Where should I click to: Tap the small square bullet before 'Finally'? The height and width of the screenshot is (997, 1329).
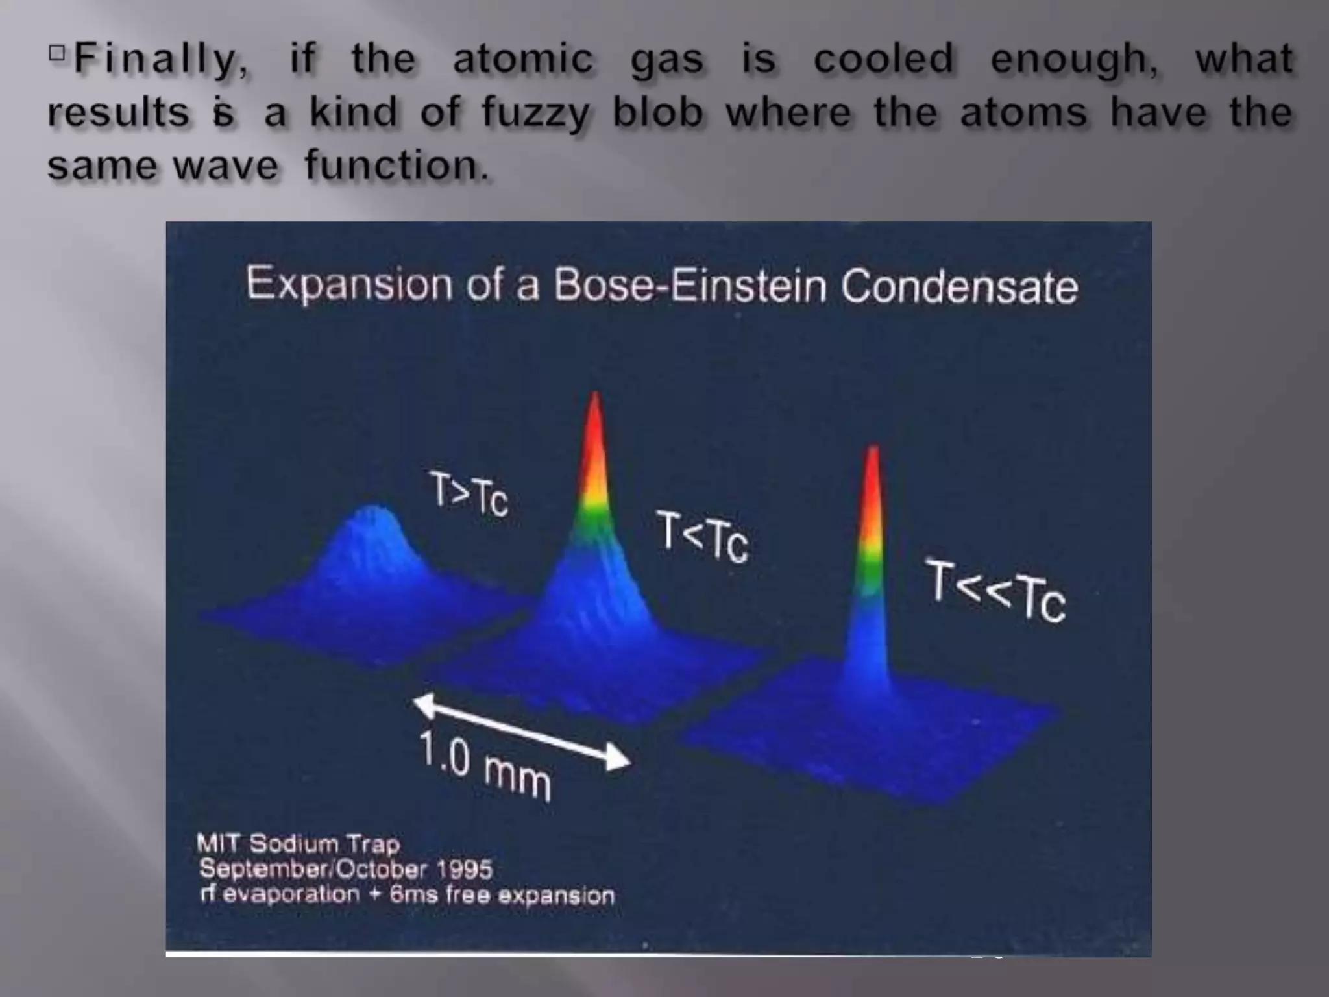pyautogui.click(x=57, y=52)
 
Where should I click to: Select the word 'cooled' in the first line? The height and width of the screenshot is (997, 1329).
pyautogui.click(x=883, y=60)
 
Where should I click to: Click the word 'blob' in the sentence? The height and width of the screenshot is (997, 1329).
pyautogui.click(x=657, y=112)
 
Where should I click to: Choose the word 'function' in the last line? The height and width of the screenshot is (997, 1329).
pyautogui.click(x=395, y=166)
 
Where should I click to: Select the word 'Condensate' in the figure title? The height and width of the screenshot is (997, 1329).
pyautogui.click(x=959, y=287)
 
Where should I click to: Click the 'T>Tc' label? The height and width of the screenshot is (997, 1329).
pyautogui.click(x=469, y=495)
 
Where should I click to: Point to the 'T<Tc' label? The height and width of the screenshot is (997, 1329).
pyautogui.click(x=702, y=537)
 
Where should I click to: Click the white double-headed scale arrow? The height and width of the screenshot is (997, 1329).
pyautogui.click(x=522, y=732)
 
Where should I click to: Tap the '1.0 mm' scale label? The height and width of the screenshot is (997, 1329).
pyautogui.click(x=484, y=766)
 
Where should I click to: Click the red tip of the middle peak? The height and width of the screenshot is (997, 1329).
pyautogui.click(x=594, y=428)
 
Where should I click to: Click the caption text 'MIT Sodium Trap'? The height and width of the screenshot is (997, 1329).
pyautogui.click(x=299, y=844)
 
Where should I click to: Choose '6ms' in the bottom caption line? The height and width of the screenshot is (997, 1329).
pyautogui.click(x=413, y=896)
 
